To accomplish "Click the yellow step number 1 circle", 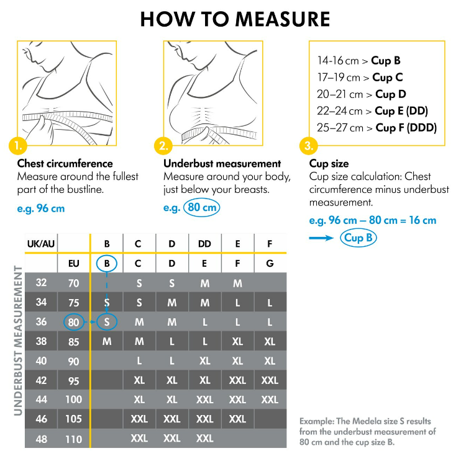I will [19, 146].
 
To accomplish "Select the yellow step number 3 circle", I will [309, 146].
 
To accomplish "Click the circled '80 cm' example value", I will [201, 208].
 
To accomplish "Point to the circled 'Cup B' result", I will [358, 238].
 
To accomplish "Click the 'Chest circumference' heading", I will [65, 164].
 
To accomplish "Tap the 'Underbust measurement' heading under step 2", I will [222, 164].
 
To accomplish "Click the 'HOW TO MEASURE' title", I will [235, 19].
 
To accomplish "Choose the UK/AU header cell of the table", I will [40, 244].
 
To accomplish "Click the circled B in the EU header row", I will [107, 263].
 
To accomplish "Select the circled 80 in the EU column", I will [74, 322].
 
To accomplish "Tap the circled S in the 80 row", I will [107, 322].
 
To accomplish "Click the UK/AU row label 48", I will [41, 439].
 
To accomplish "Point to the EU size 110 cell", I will [74, 439].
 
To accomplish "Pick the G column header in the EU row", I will [270, 263].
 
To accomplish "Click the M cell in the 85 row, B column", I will [107, 341].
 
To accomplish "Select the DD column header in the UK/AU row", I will [204, 244].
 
